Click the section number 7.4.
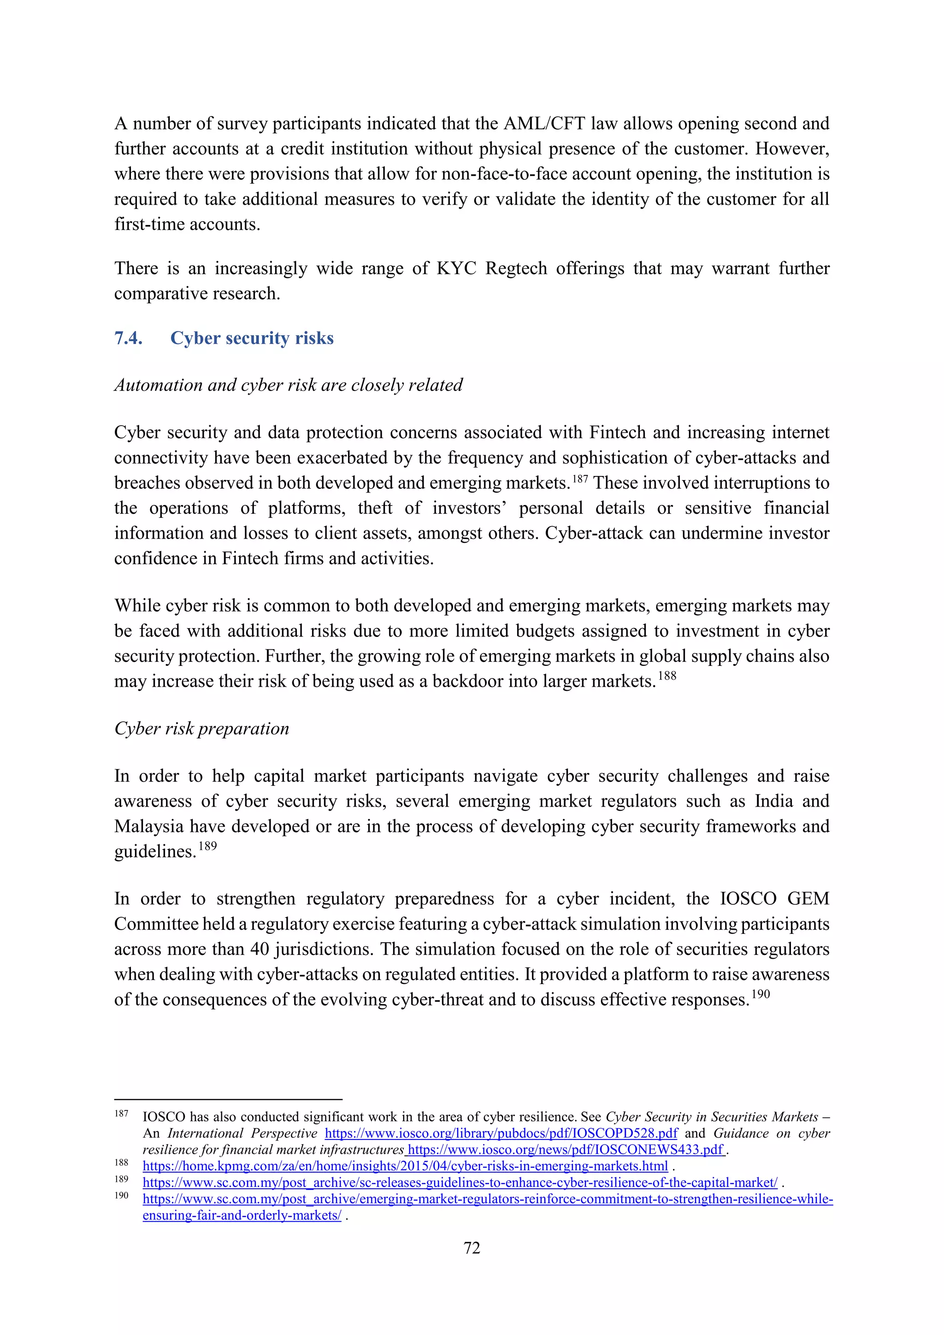tap(129, 338)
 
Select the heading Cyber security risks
tap(252, 338)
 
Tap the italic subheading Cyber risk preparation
tap(202, 729)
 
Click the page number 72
tap(472, 1248)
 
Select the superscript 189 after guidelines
tap(207, 847)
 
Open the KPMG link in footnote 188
tap(405, 1166)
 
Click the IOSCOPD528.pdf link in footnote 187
tap(501, 1133)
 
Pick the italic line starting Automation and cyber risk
tap(288, 385)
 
